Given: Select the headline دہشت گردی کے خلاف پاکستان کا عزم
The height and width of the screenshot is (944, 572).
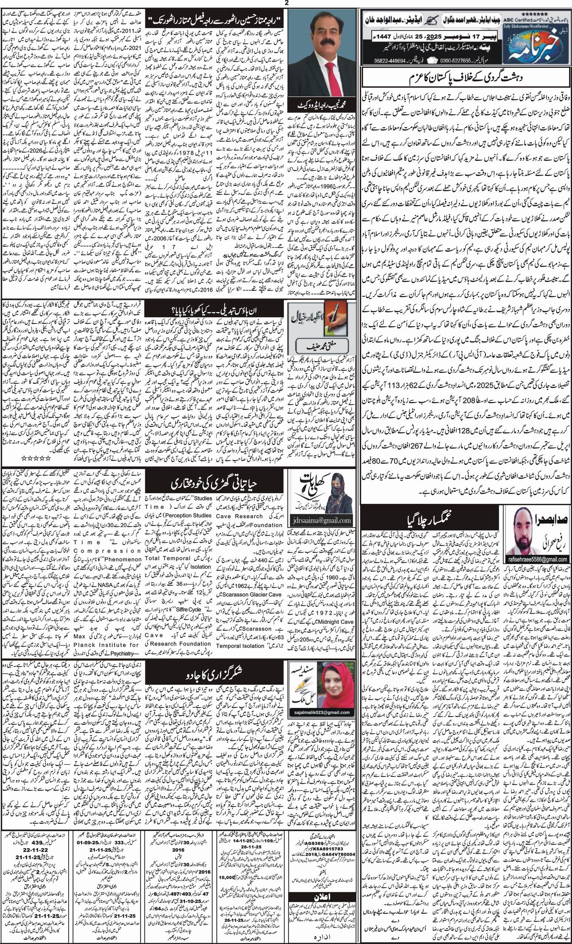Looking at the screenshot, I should click(x=465, y=78).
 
